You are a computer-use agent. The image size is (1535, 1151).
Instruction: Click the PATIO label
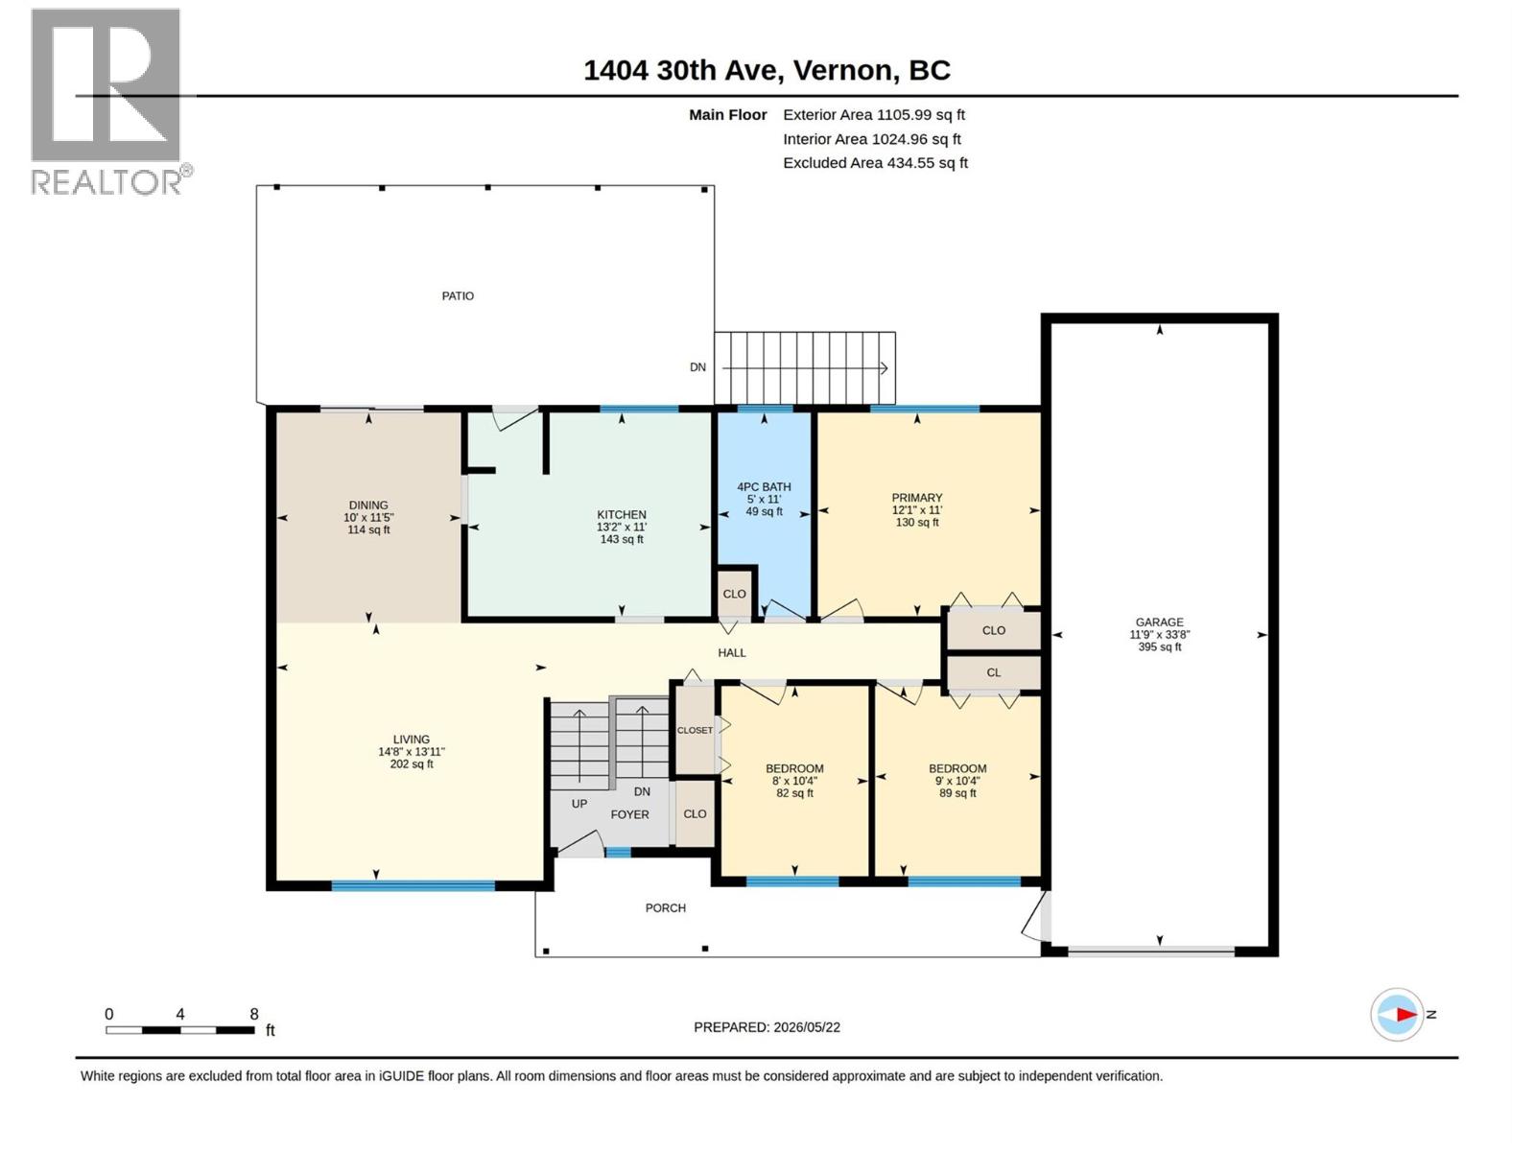pyautogui.click(x=458, y=296)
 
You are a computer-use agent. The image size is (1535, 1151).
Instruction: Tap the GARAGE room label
pyautogui.click(x=1159, y=622)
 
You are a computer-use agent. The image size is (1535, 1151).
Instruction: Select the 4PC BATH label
pyautogui.click(x=764, y=487)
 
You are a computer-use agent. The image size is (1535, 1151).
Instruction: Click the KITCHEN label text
pyautogui.click(x=621, y=515)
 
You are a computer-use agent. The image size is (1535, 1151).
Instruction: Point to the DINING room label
pyautogui.click(x=367, y=505)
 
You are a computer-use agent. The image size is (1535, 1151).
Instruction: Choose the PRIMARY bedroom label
pyautogui.click(x=917, y=498)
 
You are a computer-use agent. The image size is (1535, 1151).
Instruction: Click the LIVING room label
pyautogui.click(x=412, y=740)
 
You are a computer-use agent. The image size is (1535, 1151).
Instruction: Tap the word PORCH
pyautogui.click(x=665, y=907)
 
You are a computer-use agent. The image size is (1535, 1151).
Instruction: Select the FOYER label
pyautogui.click(x=629, y=815)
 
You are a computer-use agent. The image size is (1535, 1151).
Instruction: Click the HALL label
pyautogui.click(x=731, y=653)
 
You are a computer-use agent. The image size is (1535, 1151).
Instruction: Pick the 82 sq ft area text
pyautogui.click(x=794, y=793)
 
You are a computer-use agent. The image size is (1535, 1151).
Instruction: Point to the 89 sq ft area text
pyautogui.click(x=957, y=793)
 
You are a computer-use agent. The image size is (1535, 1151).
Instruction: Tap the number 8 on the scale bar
pyautogui.click(x=254, y=1014)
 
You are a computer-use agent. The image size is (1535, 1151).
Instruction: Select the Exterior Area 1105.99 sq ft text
pyautogui.click(x=873, y=114)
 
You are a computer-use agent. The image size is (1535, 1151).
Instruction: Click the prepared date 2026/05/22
pyautogui.click(x=806, y=1027)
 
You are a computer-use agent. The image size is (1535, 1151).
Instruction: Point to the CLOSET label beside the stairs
pyautogui.click(x=695, y=730)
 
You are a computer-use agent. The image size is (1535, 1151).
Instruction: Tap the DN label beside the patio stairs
pyautogui.click(x=697, y=367)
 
